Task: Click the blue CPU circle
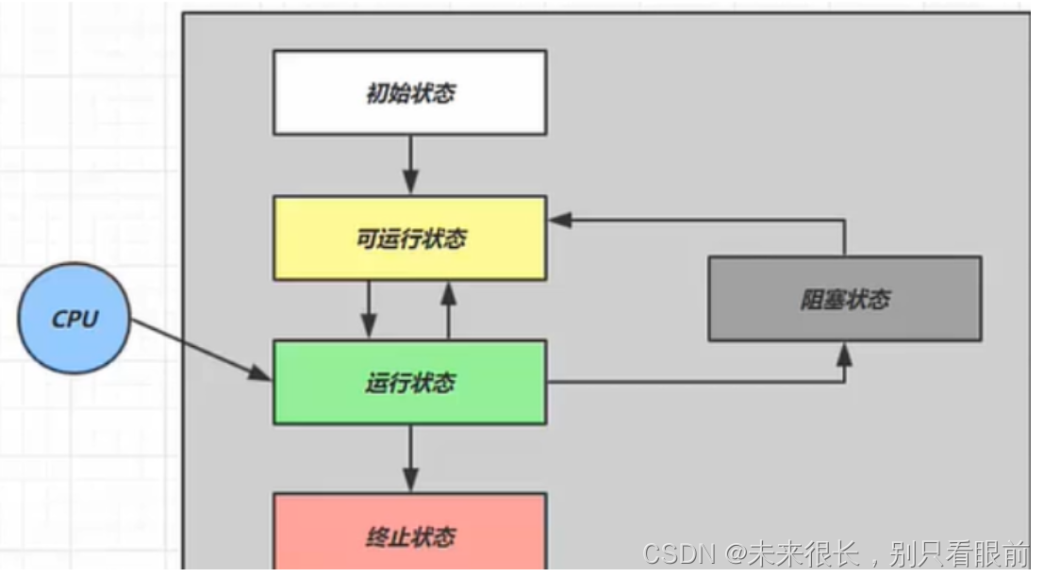pos(74,318)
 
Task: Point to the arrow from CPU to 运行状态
pos(198,350)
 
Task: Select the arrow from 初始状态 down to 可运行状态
pos(410,164)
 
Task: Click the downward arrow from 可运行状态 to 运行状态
pos(369,309)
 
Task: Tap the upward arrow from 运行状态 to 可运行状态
pos(449,309)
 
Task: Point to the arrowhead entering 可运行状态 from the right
pos(561,219)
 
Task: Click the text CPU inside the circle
pos(75,319)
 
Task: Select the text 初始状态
pos(410,93)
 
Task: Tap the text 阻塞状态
pos(845,300)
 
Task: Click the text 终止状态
pos(410,536)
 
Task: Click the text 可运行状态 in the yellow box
pos(410,239)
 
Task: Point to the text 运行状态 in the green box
pos(410,384)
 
